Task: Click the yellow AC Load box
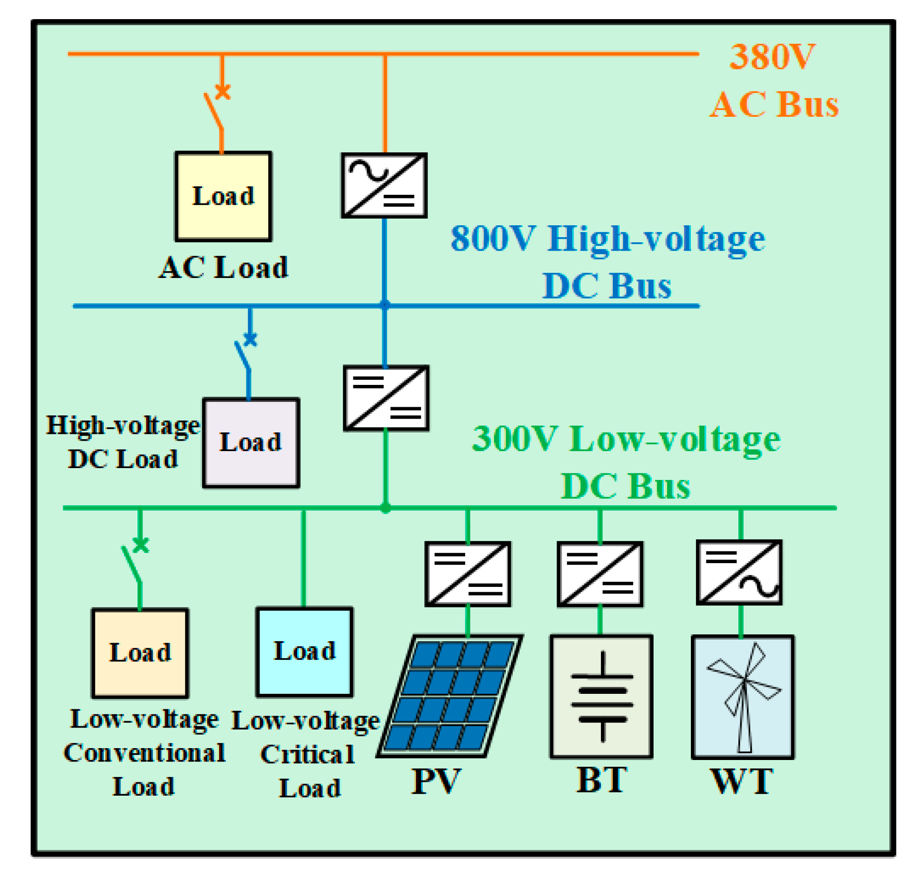point(223,196)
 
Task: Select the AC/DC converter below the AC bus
point(384,185)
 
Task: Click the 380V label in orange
point(772,56)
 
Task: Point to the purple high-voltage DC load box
point(251,442)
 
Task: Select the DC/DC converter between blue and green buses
point(386,398)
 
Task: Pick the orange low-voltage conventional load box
point(140,653)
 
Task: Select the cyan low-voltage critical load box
point(304,651)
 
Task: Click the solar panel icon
point(450,695)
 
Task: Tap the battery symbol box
point(601,696)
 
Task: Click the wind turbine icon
point(743,696)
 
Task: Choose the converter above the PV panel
point(468,573)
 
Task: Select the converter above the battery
point(600,573)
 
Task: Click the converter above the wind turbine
point(739,572)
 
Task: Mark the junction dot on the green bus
point(385,508)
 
